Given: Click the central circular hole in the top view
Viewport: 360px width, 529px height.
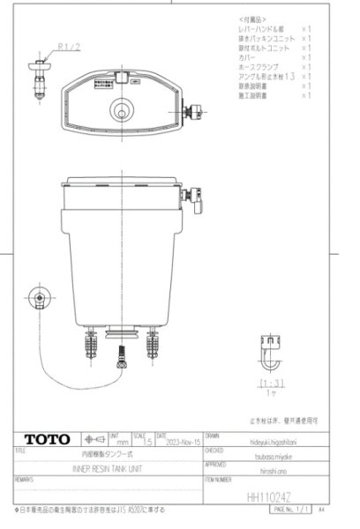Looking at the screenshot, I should [119, 112].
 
